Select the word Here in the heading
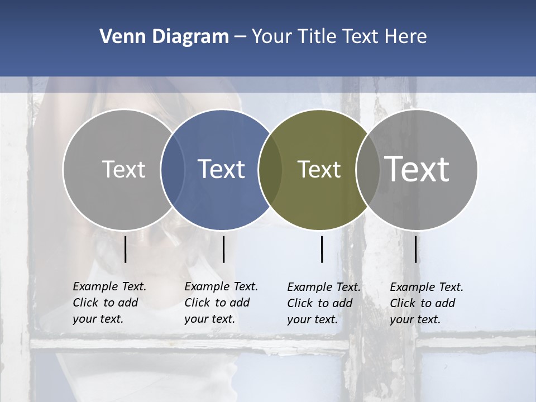pyautogui.click(x=405, y=37)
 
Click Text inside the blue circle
pyautogui.click(x=222, y=169)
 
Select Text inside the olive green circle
pyautogui.click(x=319, y=169)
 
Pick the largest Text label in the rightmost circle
pyautogui.click(x=417, y=169)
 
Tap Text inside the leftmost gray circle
pyautogui.click(x=123, y=169)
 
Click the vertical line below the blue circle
pyautogui.click(x=223, y=249)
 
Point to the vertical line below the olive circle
pyautogui.click(x=322, y=249)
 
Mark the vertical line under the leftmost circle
pyautogui.click(x=125, y=249)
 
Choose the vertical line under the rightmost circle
pyautogui.click(x=416, y=249)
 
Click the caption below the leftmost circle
pyautogui.click(x=109, y=303)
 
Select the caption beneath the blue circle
pyautogui.click(x=221, y=303)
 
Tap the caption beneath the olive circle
pyautogui.click(x=324, y=303)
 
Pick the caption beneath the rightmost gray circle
pyautogui.click(x=427, y=303)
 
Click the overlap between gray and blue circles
pyautogui.click(x=173, y=169)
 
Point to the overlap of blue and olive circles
pyautogui.click(x=270, y=169)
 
